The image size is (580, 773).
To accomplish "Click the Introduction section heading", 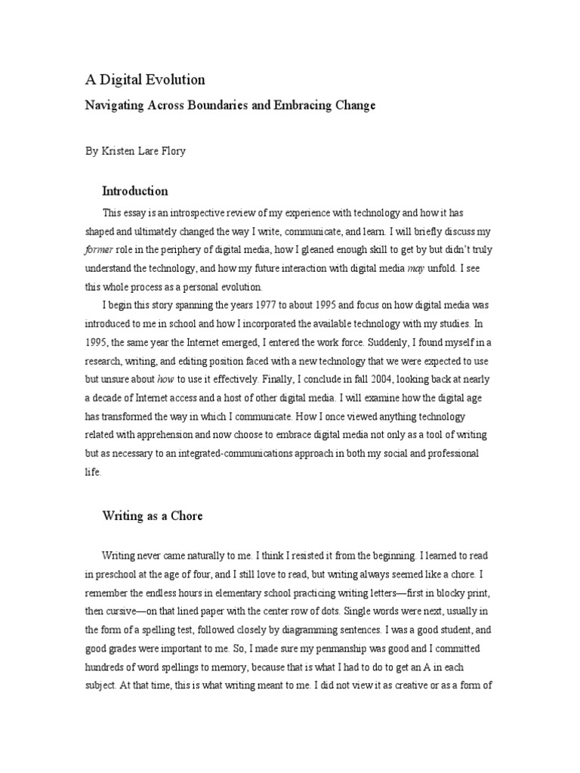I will pos(135,191).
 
